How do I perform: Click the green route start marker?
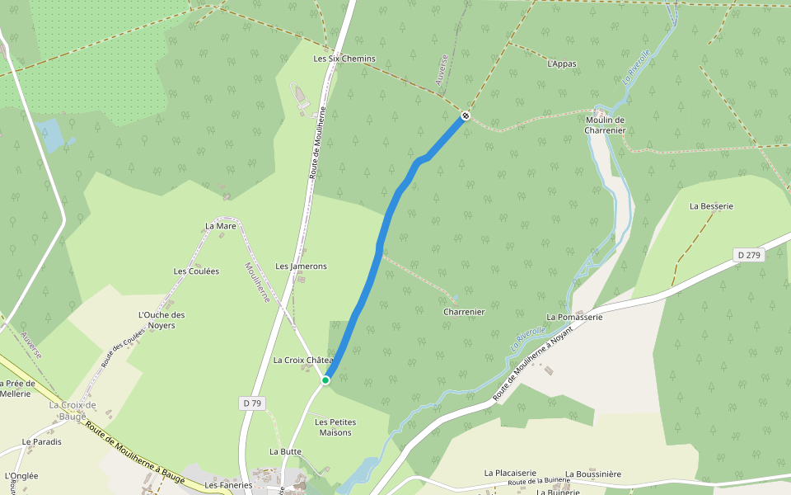325,380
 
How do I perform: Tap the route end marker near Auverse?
466,115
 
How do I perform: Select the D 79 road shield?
253,403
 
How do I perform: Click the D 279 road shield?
749,255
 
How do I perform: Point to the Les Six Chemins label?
344,59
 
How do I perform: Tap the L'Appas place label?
561,64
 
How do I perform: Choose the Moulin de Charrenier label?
606,125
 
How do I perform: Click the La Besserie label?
711,205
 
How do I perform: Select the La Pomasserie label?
574,317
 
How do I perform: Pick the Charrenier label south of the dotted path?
464,312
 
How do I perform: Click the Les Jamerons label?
301,266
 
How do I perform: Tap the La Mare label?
220,225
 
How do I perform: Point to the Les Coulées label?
196,271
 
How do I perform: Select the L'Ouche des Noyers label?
161,319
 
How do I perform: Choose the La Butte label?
285,451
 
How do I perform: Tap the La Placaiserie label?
510,473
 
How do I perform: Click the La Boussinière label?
593,474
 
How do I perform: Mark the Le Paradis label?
42,441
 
